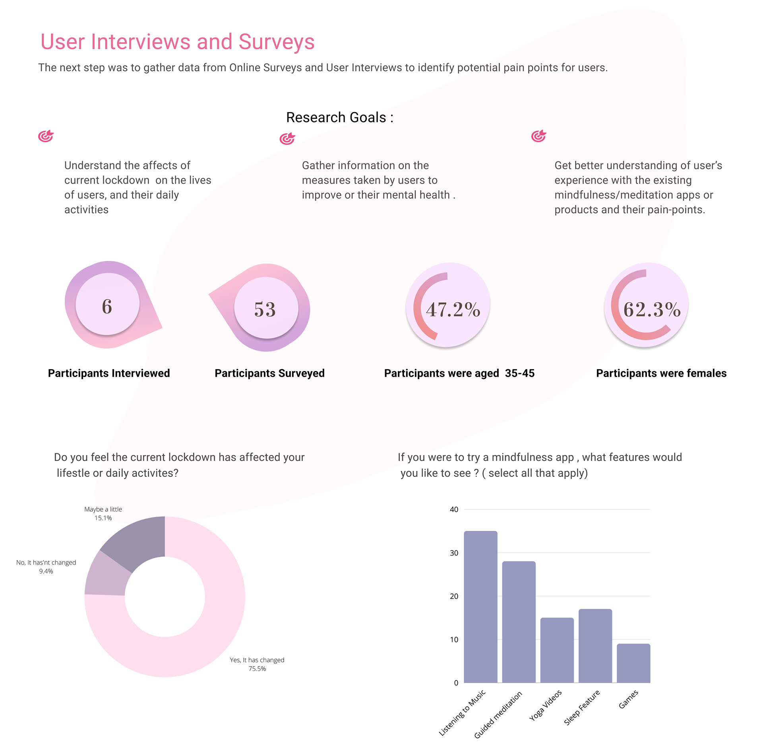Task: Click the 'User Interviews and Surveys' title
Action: pos(177,42)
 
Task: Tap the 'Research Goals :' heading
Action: pos(339,117)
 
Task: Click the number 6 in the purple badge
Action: pos(107,306)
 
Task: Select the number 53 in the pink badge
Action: pos(265,309)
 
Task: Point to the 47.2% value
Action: pos(453,309)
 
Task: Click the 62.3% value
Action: pos(652,309)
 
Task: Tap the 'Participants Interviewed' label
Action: pos(109,373)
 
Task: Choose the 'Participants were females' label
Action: pos(661,373)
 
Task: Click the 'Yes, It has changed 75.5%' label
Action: pos(257,664)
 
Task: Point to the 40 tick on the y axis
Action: pos(454,509)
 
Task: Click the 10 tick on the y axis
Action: pos(454,639)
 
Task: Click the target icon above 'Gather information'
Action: pos(287,138)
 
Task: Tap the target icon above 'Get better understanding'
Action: pos(538,136)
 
